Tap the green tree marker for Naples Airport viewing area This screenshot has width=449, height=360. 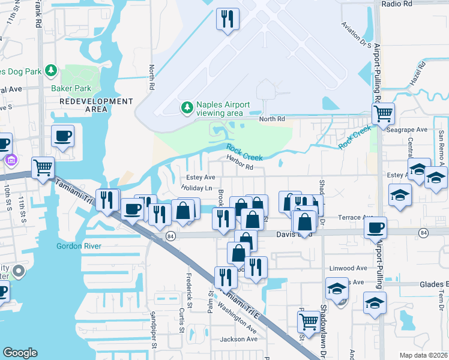point(187,108)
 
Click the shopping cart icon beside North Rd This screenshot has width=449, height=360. point(382,112)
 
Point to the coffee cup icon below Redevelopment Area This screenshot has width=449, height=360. point(62,136)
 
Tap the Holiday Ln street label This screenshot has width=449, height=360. point(197,188)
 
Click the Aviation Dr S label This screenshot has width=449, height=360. point(356,35)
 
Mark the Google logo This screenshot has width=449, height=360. point(20,353)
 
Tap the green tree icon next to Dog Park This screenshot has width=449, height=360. point(51,71)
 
